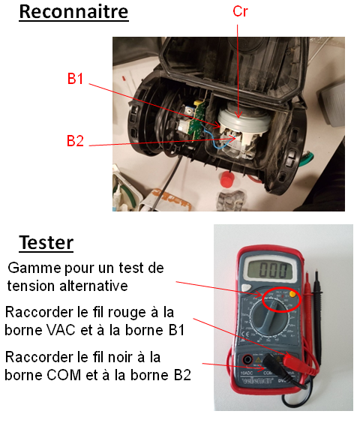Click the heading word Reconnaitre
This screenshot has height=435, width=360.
[73, 12]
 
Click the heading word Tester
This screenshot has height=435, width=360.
[46, 243]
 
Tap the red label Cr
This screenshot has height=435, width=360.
[240, 11]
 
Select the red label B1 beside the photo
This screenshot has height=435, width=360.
[76, 79]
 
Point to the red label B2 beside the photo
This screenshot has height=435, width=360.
[75, 141]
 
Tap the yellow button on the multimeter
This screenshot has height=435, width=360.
[292, 294]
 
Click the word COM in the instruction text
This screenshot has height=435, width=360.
[64, 375]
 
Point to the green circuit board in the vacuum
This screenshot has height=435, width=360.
[199, 120]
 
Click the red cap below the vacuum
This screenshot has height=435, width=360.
[227, 179]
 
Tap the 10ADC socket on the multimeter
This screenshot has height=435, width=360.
[247, 360]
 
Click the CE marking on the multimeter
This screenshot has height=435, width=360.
[246, 334]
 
